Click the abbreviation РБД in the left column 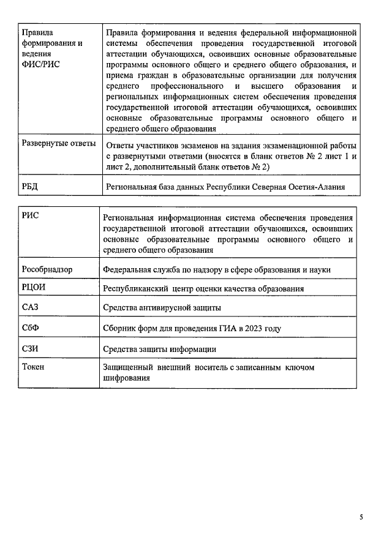[x=30, y=186]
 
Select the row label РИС [x=30, y=216]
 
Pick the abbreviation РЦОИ [x=34, y=288]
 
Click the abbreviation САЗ [x=30, y=307]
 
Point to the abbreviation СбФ [x=31, y=328]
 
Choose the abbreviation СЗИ [x=31, y=348]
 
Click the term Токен [x=33, y=367]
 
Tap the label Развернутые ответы [x=58, y=144]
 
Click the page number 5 [x=361, y=517]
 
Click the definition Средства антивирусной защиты [x=162, y=308]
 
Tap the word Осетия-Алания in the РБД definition [x=319, y=187]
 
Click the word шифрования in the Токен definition [x=127, y=378]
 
